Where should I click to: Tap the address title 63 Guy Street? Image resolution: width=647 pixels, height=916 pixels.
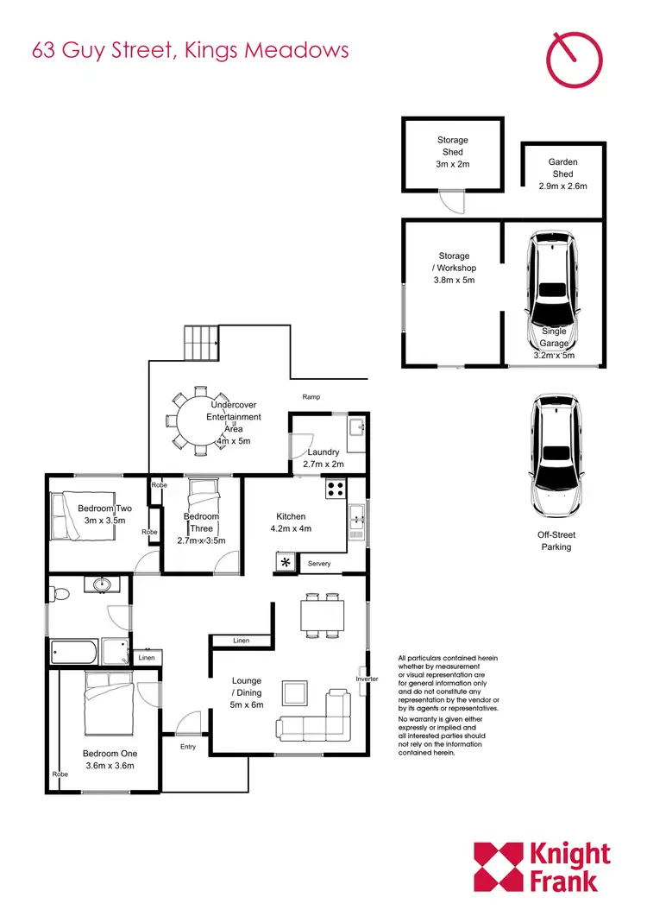(190, 49)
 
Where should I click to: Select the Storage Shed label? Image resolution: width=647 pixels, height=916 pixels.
(453, 151)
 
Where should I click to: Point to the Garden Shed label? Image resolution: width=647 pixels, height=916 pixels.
(562, 174)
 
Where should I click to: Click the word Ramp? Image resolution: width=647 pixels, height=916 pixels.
(311, 396)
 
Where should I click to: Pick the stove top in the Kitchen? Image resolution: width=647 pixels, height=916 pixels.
(336, 489)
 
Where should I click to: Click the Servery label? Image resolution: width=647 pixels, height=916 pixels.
(319, 564)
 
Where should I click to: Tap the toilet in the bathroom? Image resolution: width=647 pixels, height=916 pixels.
(59, 594)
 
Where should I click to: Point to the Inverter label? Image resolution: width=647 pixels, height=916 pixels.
(367, 679)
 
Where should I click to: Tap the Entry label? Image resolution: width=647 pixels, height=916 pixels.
(188, 746)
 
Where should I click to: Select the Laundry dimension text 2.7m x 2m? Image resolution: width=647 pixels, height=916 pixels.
(323, 464)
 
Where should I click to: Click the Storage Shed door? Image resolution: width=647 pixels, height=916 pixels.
(450, 202)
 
